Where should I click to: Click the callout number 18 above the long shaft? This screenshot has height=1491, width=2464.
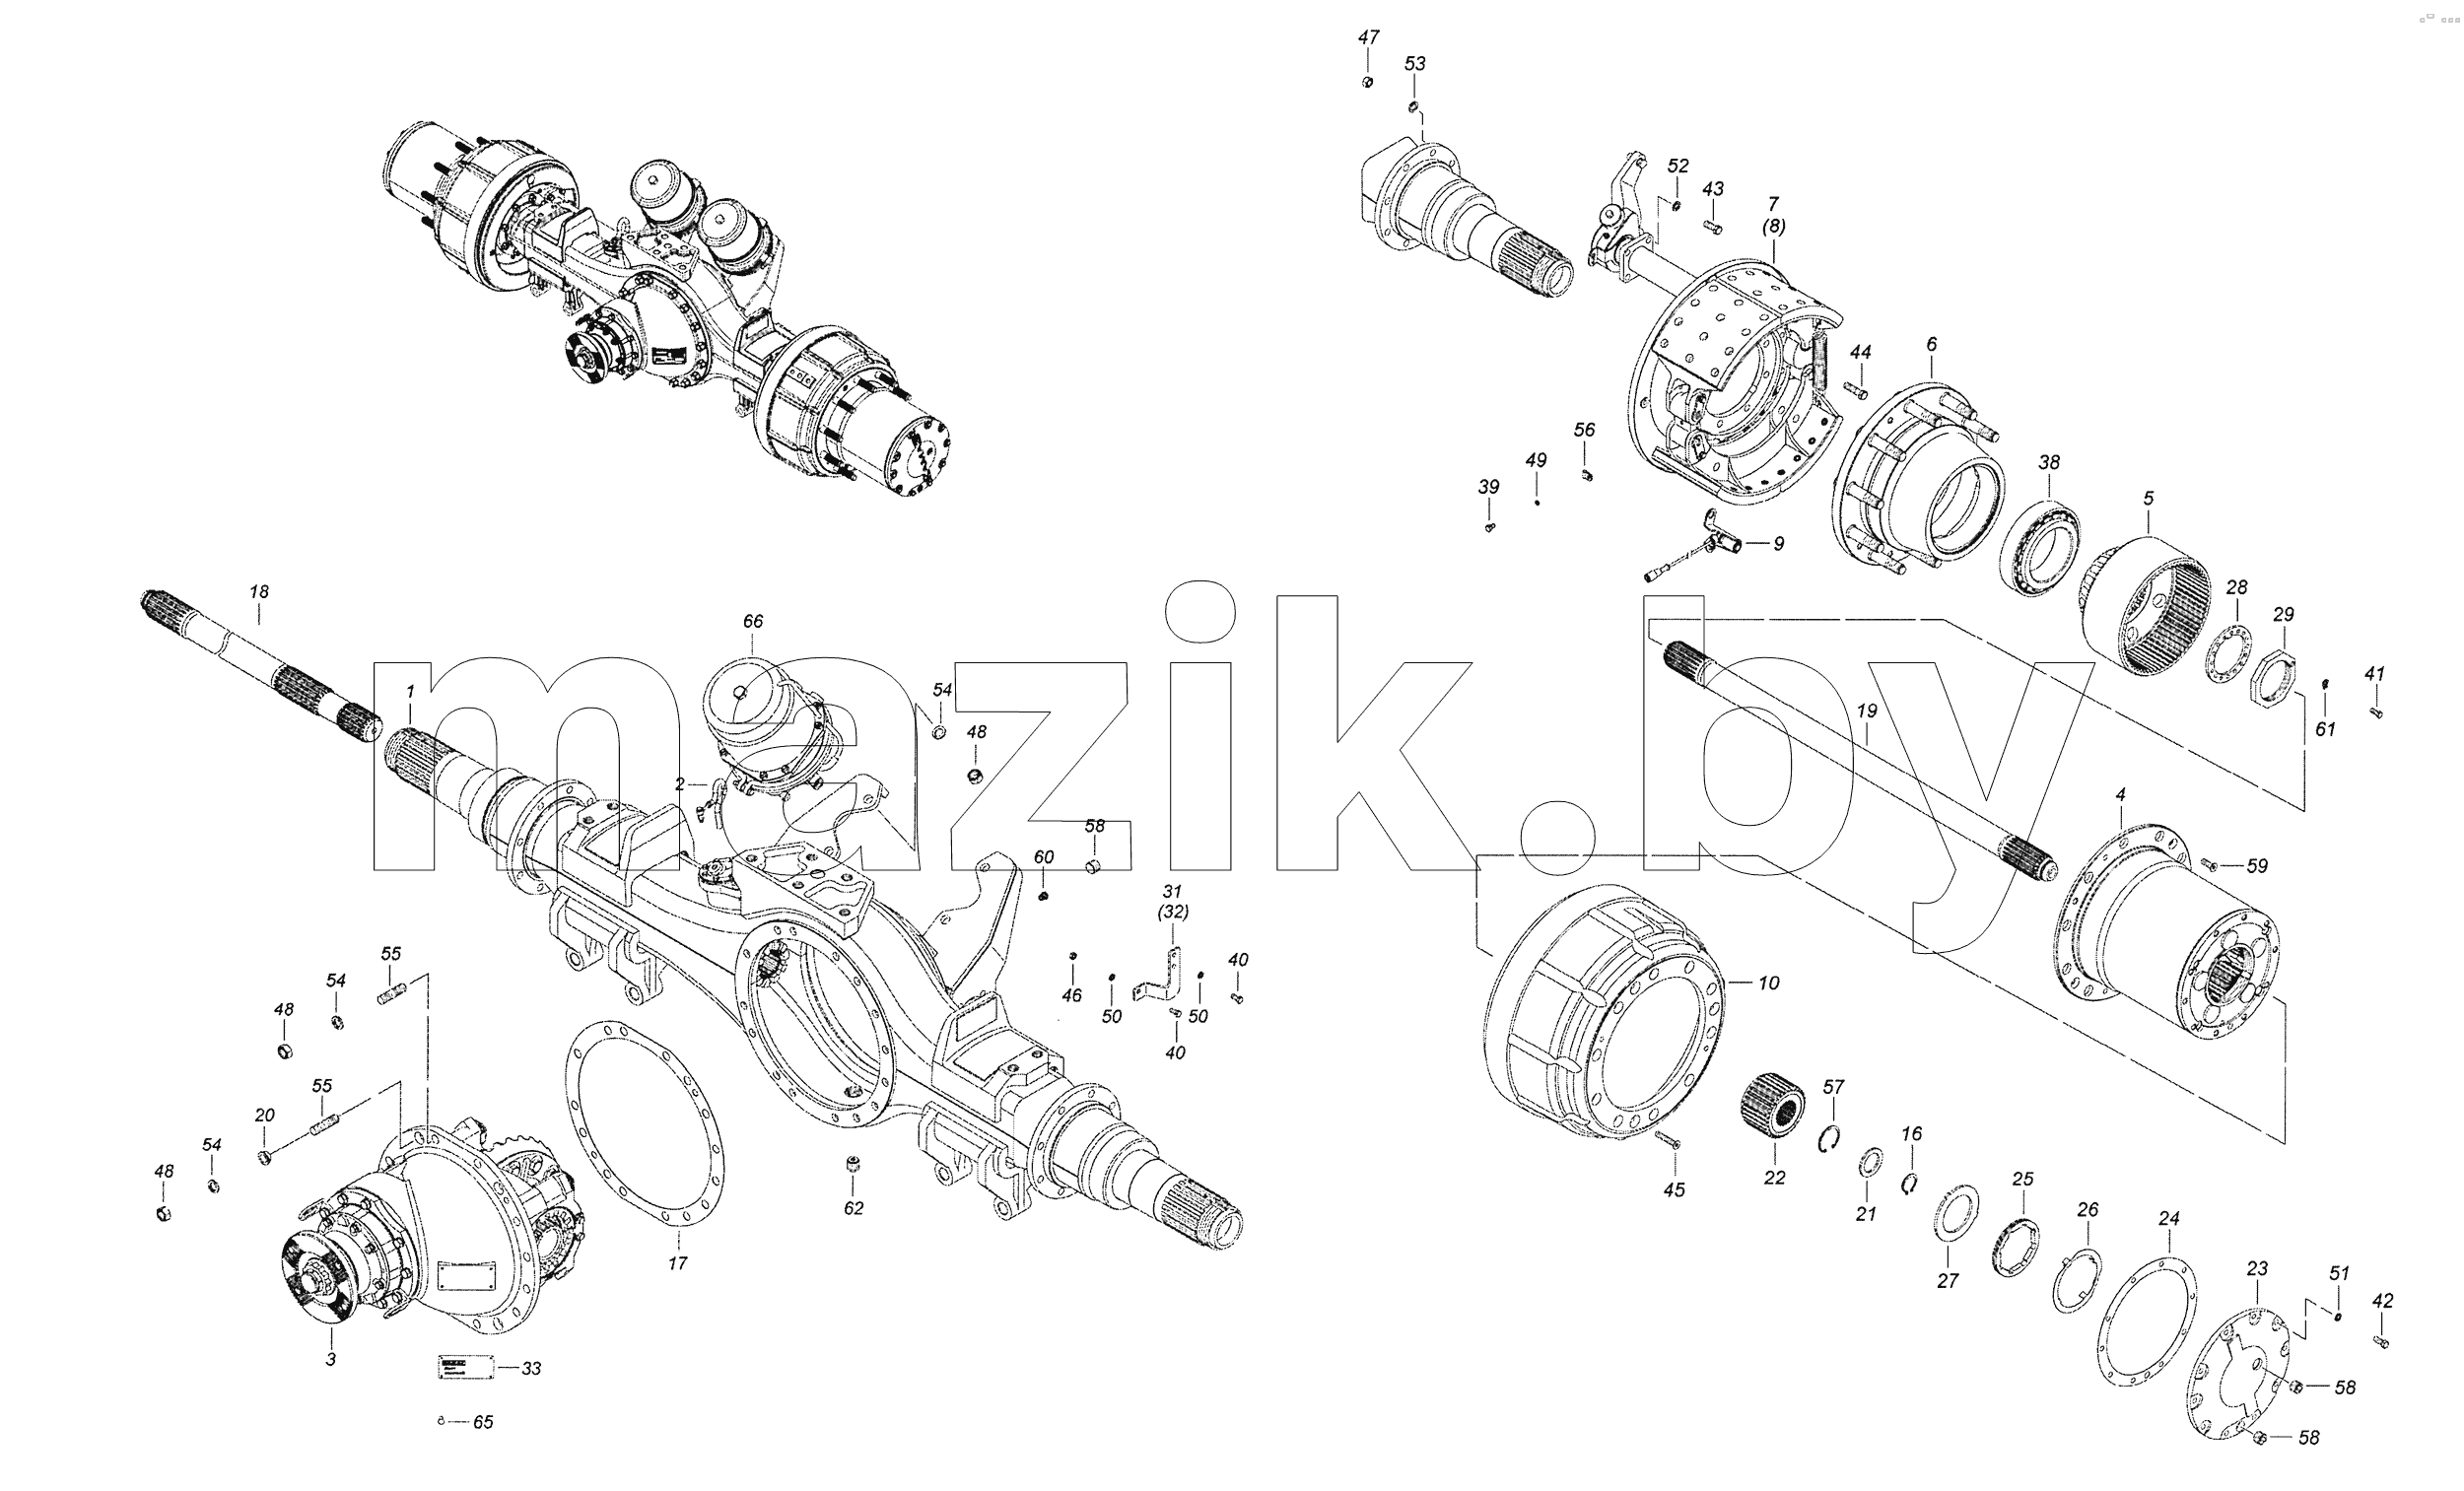point(259,592)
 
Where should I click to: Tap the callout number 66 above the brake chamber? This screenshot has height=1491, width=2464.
point(753,621)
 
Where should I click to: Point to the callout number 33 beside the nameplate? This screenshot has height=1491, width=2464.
point(532,1368)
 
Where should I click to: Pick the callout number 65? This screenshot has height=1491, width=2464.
point(483,1422)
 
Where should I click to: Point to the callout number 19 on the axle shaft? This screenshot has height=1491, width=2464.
point(1867,711)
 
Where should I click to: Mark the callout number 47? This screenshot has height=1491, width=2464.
point(1368,37)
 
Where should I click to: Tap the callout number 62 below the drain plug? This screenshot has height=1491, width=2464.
point(853,1208)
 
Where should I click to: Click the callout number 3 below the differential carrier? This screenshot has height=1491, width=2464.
point(331,1359)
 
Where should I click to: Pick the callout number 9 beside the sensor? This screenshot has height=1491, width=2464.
point(1779,544)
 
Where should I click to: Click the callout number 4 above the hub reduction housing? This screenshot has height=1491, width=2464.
point(2120,794)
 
